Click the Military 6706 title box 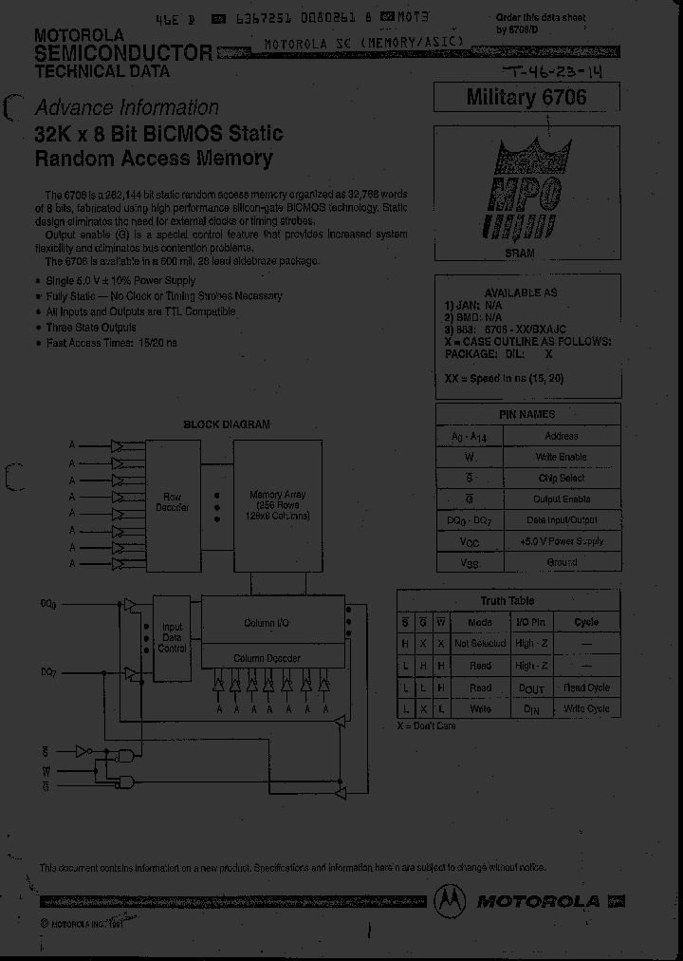point(526,98)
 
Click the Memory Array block point(277,506)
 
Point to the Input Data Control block point(173,637)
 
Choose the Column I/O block point(272,623)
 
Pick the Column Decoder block point(272,658)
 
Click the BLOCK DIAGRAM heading point(227,424)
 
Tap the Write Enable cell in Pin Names point(562,457)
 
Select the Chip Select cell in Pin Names point(562,478)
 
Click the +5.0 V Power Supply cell point(562,541)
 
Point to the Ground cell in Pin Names point(562,562)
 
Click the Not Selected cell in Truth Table point(480,644)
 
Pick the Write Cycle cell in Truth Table point(586,708)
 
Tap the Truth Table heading point(508,601)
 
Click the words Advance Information point(126,108)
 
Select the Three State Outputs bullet point(91,328)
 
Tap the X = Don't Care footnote point(427,726)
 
